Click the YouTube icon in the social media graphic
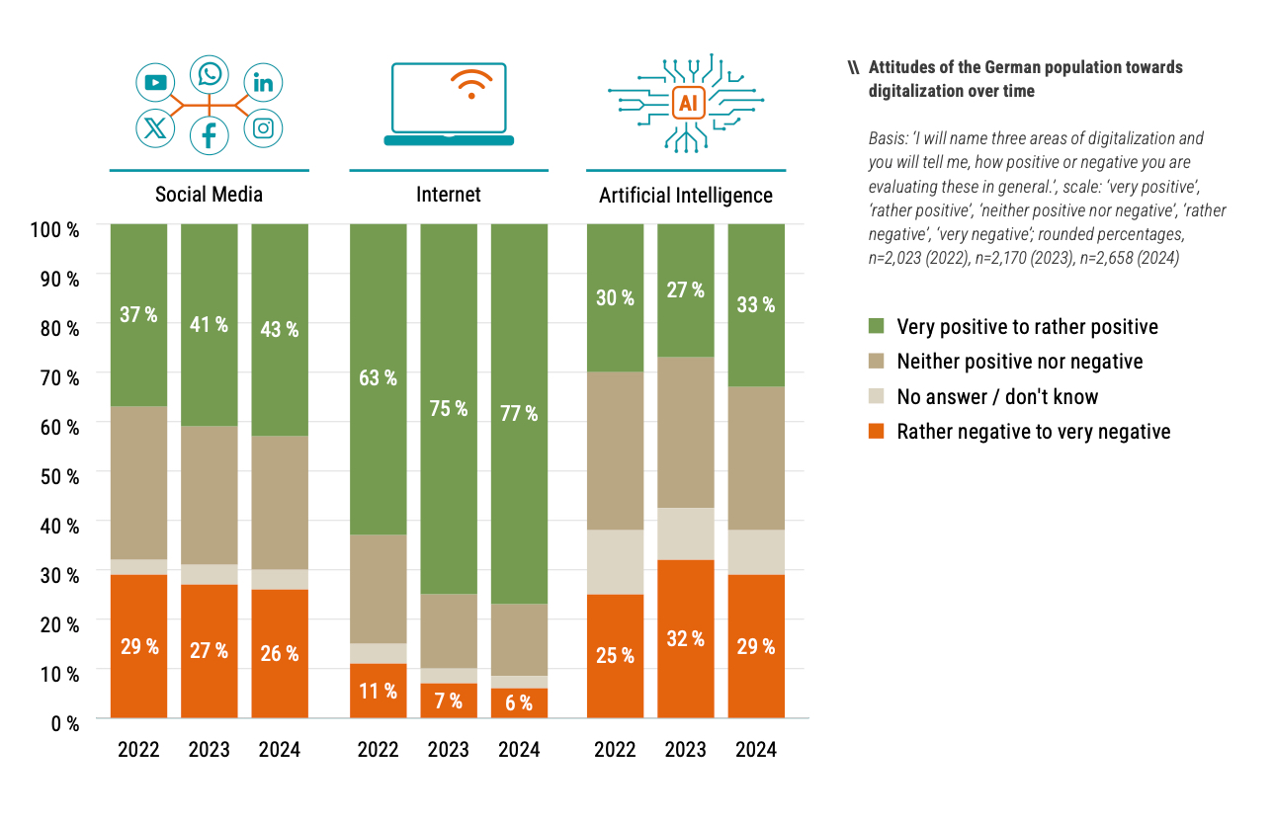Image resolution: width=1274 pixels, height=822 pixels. (155, 83)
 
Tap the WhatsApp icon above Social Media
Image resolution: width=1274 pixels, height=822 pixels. (210, 74)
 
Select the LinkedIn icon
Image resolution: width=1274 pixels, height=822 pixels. (263, 83)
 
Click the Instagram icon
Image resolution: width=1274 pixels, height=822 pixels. (263, 127)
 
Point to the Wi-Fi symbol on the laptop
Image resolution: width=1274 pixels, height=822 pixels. (469, 84)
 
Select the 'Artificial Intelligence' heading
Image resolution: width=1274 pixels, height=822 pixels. (686, 196)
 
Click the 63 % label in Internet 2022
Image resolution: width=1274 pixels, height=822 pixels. (378, 377)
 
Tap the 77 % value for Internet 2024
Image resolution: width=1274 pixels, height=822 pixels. (519, 413)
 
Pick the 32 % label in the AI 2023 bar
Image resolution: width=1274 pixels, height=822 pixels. (685, 638)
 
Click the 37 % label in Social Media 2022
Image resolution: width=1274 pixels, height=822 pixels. (138, 314)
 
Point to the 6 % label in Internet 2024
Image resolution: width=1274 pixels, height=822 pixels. (519, 702)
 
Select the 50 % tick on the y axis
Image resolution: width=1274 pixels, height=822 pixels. (58, 475)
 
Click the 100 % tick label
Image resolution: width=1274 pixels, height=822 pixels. (55, 229)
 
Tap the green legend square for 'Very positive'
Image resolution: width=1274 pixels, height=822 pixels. (877, 326)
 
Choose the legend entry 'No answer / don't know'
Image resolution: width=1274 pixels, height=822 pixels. (997, 397)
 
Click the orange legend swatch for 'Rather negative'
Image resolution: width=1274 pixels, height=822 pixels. (877, 432)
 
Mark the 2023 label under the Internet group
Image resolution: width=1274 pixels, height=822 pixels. (448, 749)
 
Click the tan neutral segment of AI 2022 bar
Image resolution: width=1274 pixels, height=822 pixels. (615, 451)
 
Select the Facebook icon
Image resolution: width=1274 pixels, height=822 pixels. (210, 134)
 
